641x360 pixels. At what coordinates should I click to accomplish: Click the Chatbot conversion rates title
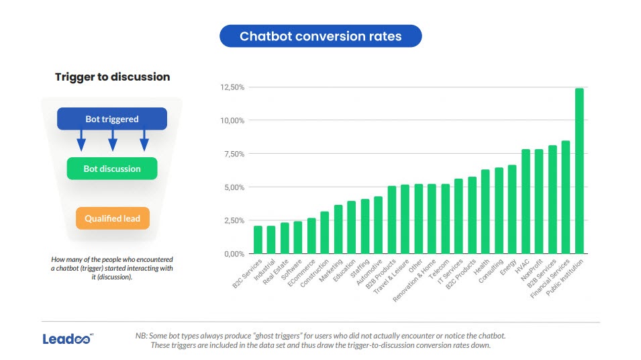(320, 36)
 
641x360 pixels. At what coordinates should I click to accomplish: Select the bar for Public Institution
(579, 171)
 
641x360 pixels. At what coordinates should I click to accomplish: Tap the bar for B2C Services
(258, 240)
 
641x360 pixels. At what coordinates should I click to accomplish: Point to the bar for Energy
(512, 210)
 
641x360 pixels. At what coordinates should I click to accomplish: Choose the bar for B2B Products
(392, 220)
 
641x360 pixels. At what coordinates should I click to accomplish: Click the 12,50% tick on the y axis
(231, 87)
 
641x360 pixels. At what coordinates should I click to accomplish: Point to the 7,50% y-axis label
(231, 154)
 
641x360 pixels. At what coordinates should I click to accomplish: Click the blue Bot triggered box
(112, 119)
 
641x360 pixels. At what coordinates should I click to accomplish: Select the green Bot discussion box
(112, 169)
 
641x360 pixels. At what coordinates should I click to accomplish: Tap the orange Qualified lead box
(112, 218)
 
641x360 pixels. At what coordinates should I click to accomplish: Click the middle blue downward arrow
(112, 140)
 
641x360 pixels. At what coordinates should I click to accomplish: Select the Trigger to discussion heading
(112, 77)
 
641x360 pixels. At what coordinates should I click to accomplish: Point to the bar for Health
(485, 212)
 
